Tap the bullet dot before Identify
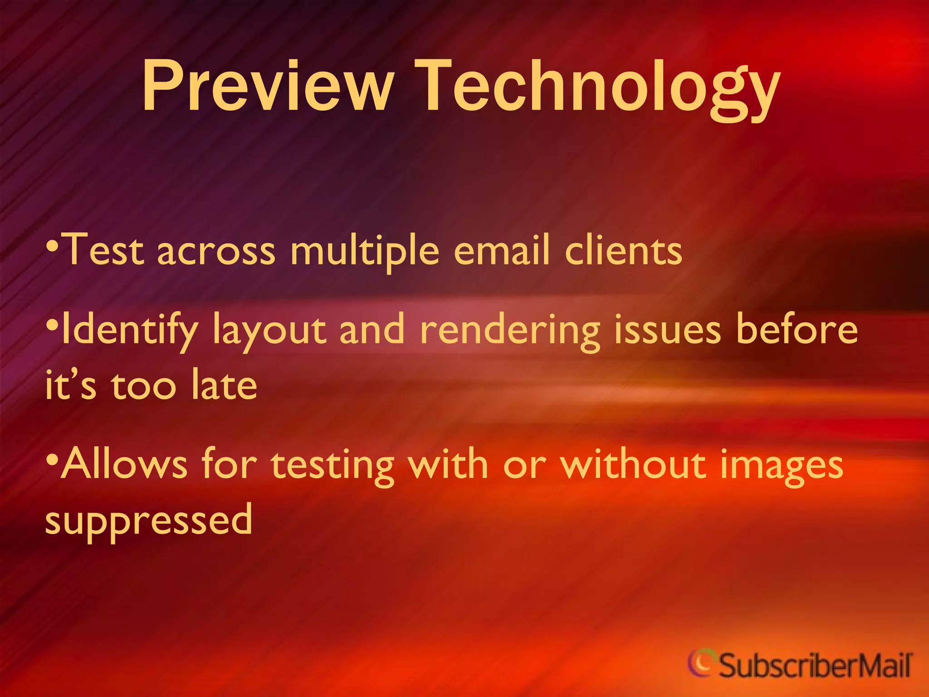click(x=53, y=326)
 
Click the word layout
click(x=269, y=331)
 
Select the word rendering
click(x=510, y=331)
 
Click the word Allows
click(x=124, y=464)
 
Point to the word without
click(x=633, y=464)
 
